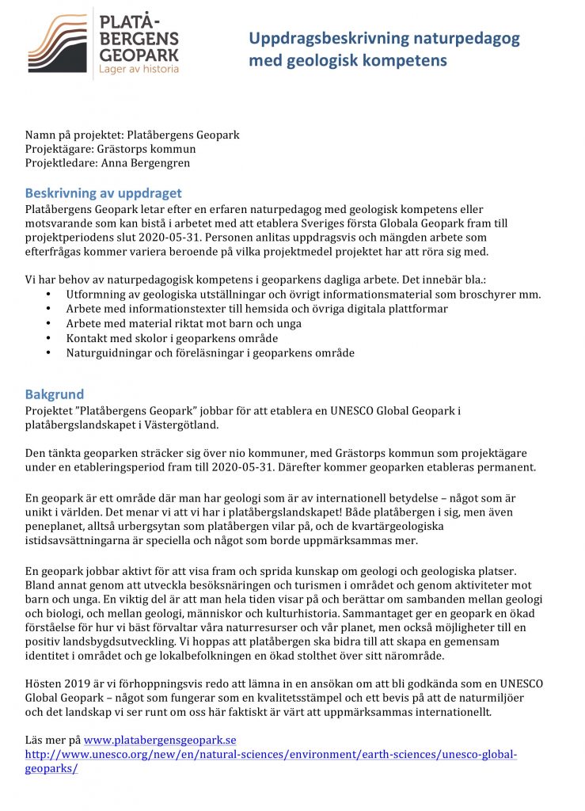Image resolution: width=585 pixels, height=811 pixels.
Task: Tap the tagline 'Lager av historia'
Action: [x=138, y=69]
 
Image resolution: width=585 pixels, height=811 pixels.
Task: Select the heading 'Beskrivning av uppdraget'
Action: [x=103, y=192]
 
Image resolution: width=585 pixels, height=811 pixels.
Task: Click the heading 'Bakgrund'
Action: [x=54, y=394]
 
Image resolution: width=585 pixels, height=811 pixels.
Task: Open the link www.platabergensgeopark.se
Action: [x=160, y=740]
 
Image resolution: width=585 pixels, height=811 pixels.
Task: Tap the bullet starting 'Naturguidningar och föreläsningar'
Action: [x=210, y=352]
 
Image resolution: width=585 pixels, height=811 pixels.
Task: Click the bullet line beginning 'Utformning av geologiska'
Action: [x=303, y=294]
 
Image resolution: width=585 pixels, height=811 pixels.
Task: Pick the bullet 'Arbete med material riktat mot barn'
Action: [x=184, y=323]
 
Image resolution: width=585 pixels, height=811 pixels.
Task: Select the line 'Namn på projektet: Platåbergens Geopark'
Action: [x=132, y=135]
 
